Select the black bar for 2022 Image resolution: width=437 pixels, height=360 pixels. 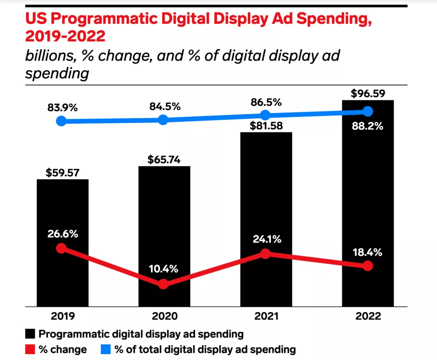pos(368,192)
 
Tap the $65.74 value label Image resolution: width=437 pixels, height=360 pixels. pos(164,160)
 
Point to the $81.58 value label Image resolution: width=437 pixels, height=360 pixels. pos(266,126)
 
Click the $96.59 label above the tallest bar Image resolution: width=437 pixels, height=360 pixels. pos(368,93)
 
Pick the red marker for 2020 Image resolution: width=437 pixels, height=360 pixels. pos(163,284)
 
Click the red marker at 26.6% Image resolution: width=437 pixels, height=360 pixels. pos(61,248)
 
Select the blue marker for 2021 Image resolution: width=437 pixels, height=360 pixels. pos(265,115)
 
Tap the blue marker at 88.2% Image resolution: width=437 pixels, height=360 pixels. pos(368,111)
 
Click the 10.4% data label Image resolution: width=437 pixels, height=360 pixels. pos(163,269)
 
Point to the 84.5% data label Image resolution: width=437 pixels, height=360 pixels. pos(164,106)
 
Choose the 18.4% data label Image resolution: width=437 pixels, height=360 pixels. pos(367,252)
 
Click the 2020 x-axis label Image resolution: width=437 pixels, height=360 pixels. pos(164,317)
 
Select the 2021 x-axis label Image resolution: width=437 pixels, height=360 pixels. pos(266,317)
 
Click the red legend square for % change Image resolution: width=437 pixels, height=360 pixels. pos(30,350)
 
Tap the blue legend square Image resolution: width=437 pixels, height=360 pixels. pos(106,350)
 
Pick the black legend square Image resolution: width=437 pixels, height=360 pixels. pos(30,334)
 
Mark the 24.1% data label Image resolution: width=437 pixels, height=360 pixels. pos(266,239)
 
